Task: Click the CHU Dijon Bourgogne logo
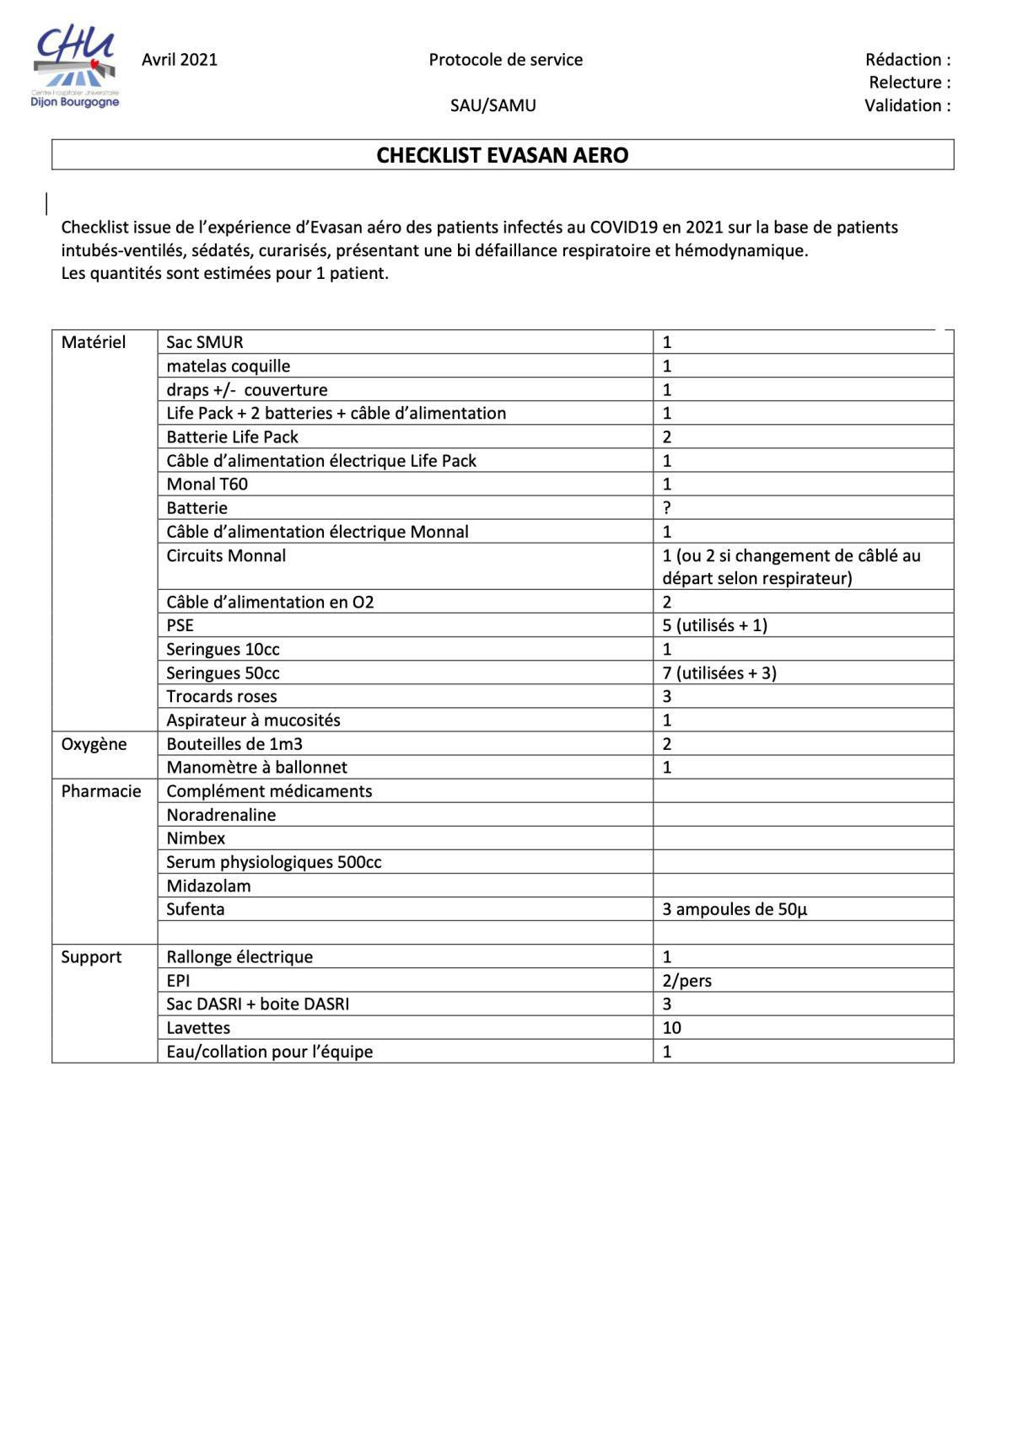76,67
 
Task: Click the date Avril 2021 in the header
179,60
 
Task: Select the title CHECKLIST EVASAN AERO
502,156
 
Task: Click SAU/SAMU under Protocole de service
493,106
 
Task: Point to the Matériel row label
93,342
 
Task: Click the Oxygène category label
94,744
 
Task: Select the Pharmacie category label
100,791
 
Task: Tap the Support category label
91,957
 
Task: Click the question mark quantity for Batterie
667,508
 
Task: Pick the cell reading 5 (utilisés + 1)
714,625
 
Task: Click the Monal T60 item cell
207,485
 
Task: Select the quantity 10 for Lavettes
671,1028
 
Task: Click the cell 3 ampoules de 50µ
735,910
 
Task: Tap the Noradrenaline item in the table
221,815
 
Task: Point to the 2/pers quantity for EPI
686,981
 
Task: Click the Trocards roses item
221,697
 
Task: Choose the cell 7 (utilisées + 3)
719,673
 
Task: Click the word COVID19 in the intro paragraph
622,228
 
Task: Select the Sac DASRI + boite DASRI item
257,1004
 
